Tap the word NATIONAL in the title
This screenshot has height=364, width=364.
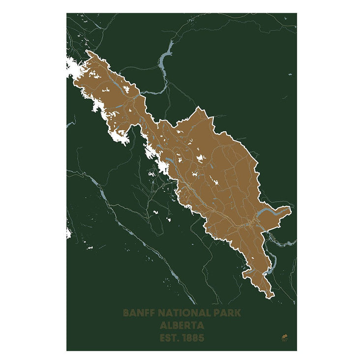coord(185,312)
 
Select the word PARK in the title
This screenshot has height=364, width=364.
coord(228,312)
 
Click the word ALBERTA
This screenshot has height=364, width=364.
coord(182,325)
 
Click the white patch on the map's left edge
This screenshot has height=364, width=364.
coord(68,232)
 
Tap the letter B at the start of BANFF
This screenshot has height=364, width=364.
coord(126,312)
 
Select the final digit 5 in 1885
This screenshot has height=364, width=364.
coord(201,338)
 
